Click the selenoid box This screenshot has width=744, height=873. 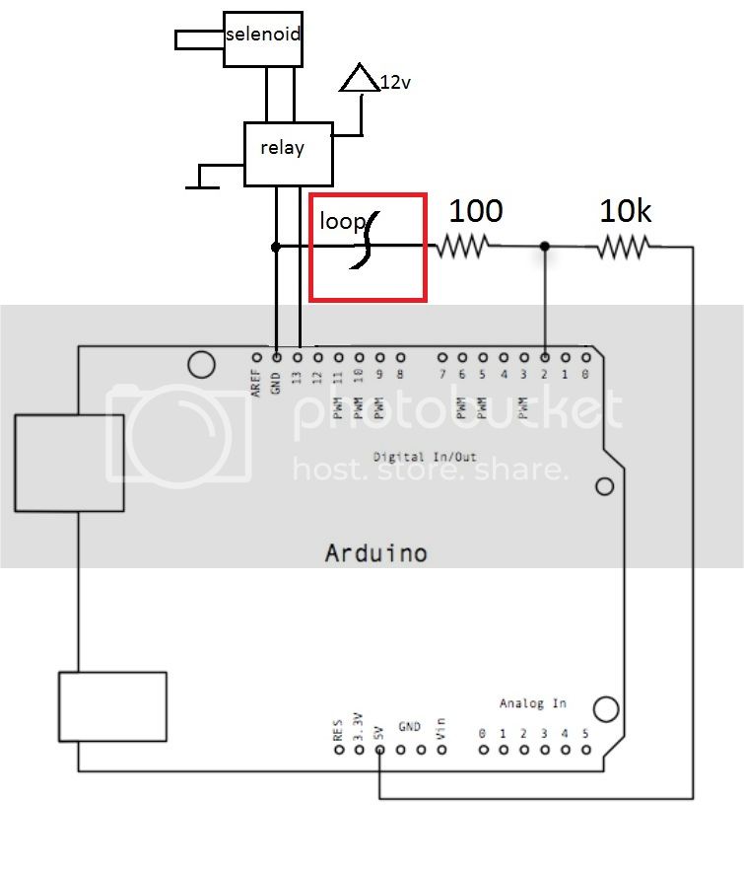click(x=261, y=38)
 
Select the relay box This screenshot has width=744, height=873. click(x=287, y=153)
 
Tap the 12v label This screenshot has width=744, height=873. click(x=395, y=83)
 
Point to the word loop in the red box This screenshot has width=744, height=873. click(x=341, y=222)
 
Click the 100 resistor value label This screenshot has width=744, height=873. click(x=476, y=210)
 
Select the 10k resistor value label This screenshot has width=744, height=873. click(x=626, y=210)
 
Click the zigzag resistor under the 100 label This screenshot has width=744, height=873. click(x=463, y=247)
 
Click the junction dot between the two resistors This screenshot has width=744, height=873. click(x=545, y=246)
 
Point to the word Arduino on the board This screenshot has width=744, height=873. click(x=375, y=552)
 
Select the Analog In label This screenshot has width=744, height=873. click(x=532, y=703)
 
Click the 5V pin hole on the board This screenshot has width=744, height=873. click(x=379, y=751)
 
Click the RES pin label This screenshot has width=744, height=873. click(x=337, y=729)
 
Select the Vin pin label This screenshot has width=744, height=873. click(x=441, y=730)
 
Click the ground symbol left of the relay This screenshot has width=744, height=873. click(x=202, y=177)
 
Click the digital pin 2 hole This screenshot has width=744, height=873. click(x=546, y=357)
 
